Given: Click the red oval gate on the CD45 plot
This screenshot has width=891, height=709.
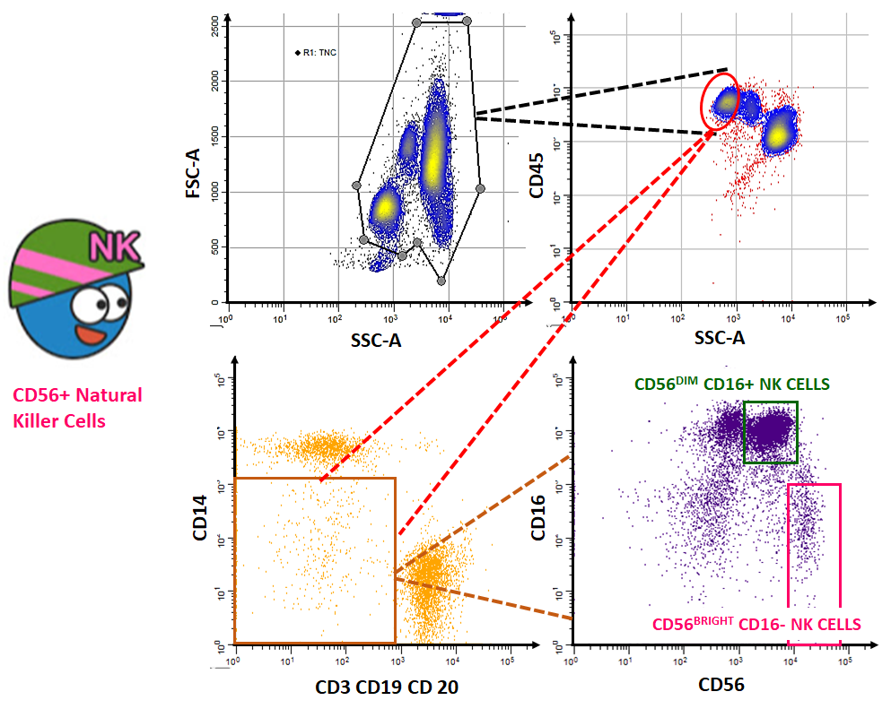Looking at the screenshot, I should pyautogui.click(x=721, y=99).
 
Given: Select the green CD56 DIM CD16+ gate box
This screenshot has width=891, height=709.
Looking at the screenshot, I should pyautogui.click(x=770, y=432).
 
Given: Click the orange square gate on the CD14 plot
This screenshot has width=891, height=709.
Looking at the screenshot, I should pyautogui.click(x=314, y=560).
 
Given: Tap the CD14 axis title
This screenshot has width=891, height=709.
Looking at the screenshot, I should pyautogui.click(x=200, y=519).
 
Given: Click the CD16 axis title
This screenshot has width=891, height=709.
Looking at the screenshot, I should pyautogui.click(x=538, y=519).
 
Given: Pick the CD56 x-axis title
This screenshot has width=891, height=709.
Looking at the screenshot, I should pyautogui.click(x=721, y=684).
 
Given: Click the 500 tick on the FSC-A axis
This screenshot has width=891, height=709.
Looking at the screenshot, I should pyautogui.click(x=214, y=248).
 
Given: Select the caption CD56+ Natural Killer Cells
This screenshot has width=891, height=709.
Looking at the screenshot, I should pyautogui.click(x=77, y=407).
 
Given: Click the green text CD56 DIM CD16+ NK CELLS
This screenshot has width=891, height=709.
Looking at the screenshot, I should pyautogui.click(x=731, y=385).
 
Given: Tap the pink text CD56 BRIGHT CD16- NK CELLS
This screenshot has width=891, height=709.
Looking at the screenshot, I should pyautogui.click(x=756, y=624).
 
